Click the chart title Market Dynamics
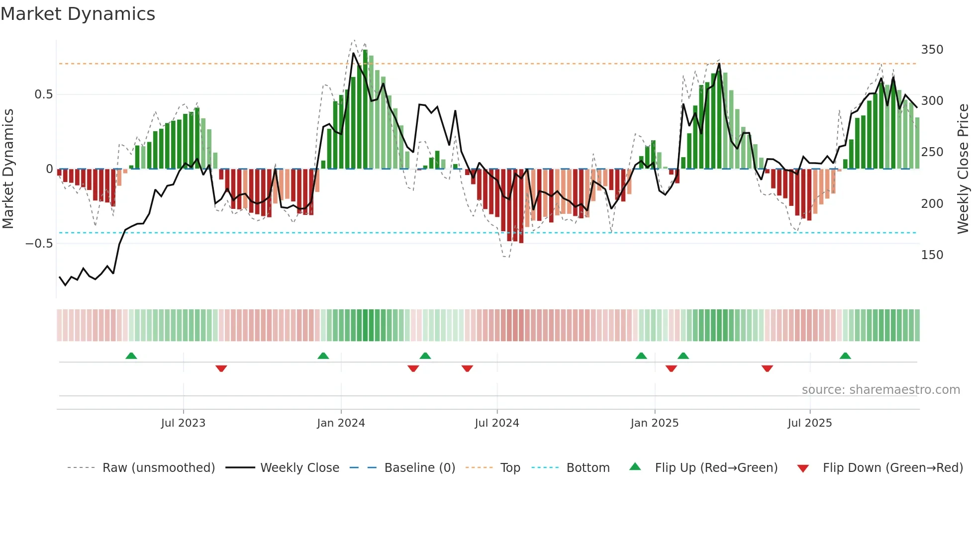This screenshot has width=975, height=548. [x=78, y=14]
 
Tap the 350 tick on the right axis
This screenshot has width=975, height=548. [x=932, y=50]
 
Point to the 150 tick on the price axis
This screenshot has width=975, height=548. [x=932, y=255]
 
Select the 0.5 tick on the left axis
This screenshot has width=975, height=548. [x=43, y=94]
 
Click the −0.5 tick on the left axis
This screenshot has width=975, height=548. [x=39, y=244]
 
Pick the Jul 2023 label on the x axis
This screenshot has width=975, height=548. [x=183, y=423]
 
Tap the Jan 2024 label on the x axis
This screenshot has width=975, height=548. [x=341, y=423]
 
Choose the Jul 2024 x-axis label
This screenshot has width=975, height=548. [x=497, y=423]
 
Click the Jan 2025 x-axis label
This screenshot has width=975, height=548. [x=654, y=423]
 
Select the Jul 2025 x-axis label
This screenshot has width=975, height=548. [x=809, y=423]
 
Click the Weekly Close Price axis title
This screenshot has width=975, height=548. [x=963, y=169]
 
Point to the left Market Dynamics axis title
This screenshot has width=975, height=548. [x=8, y=169]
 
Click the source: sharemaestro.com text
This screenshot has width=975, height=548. [x=880, y=390]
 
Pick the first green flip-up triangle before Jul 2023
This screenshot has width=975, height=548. [x=131, y=356]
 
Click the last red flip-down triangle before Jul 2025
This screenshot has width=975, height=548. [x=767, y=368]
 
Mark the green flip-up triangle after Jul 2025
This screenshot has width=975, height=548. [x=845, y=356]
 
